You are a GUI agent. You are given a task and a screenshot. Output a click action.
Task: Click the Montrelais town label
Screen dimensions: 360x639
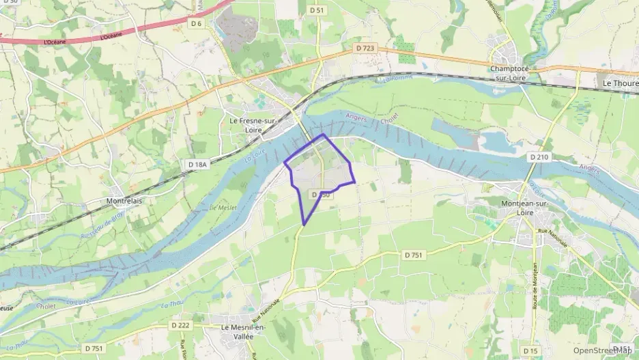click(124, 202)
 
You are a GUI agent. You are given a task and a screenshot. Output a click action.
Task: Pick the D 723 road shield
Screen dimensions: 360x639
click(365, 48)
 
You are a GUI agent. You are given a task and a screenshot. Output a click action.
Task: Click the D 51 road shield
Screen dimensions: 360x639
click(316, 10)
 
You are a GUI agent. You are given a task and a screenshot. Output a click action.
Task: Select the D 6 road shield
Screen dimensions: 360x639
click(197, 23)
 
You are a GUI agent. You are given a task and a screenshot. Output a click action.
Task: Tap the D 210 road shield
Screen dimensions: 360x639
click(539, 156)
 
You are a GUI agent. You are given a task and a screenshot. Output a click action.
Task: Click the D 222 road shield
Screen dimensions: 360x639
click(180, 325)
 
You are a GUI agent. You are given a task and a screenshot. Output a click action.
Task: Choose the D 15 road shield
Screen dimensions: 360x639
click(530, 350)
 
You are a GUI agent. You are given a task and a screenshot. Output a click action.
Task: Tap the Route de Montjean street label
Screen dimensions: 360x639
click(536, 285)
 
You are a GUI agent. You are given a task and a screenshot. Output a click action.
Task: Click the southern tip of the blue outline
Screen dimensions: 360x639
click(304, 225)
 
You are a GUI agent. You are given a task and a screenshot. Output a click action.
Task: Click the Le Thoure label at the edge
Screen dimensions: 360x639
click(619, 82)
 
